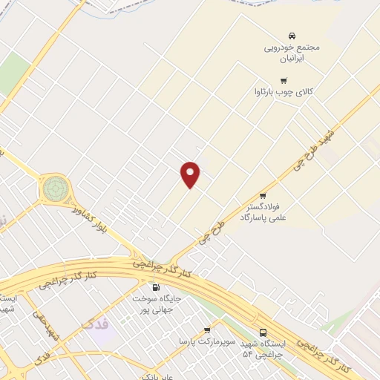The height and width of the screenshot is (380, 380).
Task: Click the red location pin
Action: [x=191, y=173]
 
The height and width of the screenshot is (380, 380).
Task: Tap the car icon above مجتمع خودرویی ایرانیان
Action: [x=292, y=36]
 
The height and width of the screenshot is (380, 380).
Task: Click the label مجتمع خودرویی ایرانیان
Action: [x=292, y=53]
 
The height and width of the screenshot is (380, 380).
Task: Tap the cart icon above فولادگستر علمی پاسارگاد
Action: [x=262, y=196]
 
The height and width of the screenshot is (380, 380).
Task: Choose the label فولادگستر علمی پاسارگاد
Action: [x=263, y=213]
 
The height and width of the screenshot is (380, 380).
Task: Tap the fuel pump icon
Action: [x=156, y=287]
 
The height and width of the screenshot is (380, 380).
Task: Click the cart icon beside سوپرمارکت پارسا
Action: [x=207, y=330]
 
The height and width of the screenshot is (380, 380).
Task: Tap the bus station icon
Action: [x=263, y=332]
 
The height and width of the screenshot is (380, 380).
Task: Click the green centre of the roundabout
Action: [x=54, y=189]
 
